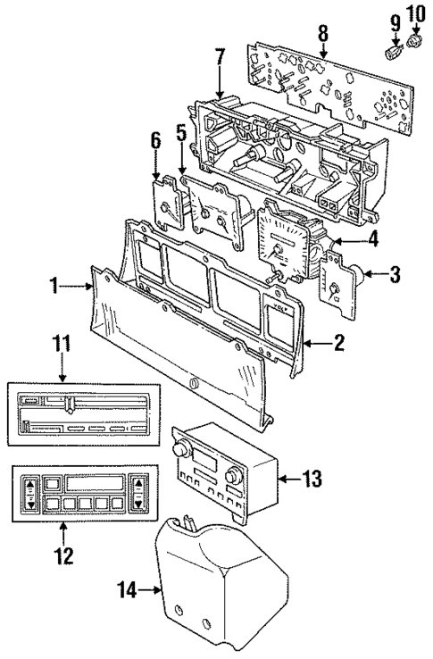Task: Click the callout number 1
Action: click(x=54, y=286)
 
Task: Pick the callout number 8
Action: click(x=323, y=34)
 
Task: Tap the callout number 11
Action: click(x=61, y=342)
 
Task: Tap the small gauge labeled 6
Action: click(x=166, y=204)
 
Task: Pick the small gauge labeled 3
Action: click(x=337, y=287)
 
